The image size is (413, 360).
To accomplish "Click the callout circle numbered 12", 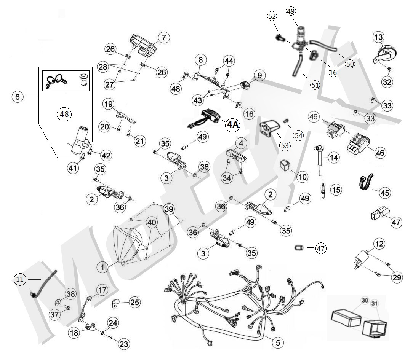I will point(379,243).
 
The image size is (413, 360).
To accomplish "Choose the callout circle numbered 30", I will point(365,301).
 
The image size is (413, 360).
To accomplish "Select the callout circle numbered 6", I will point(18,97).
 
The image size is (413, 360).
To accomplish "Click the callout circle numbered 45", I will point(385,193).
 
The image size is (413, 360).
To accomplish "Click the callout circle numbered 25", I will point(134,303).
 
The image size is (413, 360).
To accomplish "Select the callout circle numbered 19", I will point(109,104).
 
